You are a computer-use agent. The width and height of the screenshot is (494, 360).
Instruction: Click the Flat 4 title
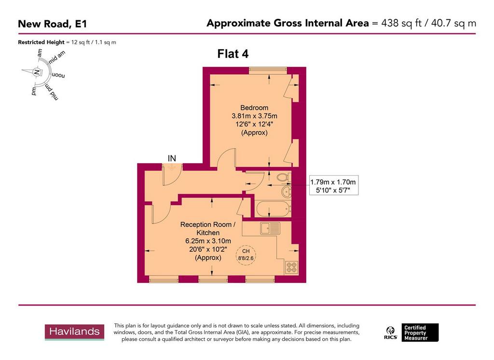[233, 54]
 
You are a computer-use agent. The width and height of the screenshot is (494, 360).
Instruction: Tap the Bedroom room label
[254, 108]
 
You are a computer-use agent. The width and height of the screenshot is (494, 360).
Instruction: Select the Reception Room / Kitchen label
[207, 229]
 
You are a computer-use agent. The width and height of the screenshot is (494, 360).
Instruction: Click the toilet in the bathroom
[282, 179]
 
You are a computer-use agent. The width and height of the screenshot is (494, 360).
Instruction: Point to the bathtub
[273, 209]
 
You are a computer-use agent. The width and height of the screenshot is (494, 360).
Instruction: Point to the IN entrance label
[171, 158]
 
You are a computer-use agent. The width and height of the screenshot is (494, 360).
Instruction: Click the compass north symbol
[36, 72]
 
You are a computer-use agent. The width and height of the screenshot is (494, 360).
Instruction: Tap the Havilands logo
[75, 332]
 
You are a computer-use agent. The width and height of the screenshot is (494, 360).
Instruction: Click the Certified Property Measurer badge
[414, 332]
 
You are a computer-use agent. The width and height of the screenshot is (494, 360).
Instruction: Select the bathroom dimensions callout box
[333, 186]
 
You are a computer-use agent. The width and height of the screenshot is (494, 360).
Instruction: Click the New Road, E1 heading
[53, 23]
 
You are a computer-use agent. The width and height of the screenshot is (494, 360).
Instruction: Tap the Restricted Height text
[67, 42]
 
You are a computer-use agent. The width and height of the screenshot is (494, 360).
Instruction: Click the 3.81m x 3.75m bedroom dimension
[254, 116]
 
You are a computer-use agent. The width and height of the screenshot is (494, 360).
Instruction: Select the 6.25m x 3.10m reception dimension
[208, 241]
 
